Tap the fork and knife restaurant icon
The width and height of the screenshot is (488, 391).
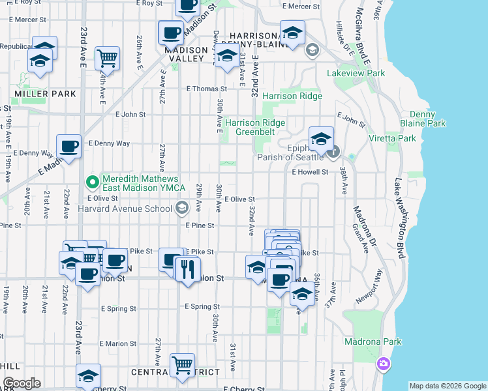click(x=188, y=268)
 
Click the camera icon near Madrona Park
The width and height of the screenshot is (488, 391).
click(x=384, y=363)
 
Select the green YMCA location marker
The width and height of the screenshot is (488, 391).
click(x=93, y=181)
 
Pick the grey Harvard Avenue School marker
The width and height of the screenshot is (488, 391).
click(x=182, y=208)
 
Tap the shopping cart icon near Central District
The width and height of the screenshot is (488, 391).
click(x=182, y=365)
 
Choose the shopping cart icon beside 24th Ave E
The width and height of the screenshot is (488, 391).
click(x=107, y=58)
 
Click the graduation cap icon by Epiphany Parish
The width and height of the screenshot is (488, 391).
click(x=321, y=139)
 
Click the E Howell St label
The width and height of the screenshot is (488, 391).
click(x=310, y=173)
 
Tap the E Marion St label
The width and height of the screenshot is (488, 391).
click(x=118, y=343)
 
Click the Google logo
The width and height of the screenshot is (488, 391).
click(x=22, y=383)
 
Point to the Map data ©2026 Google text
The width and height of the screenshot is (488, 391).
click(x=448, y=386)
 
